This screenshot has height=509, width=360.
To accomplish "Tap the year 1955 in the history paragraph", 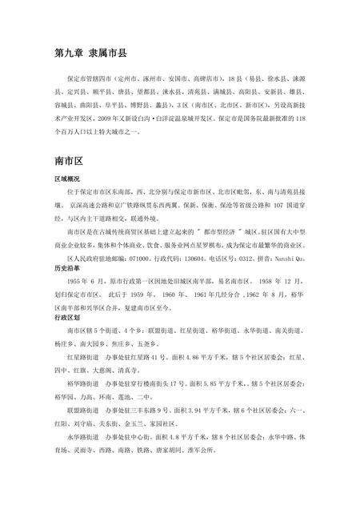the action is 77,283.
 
